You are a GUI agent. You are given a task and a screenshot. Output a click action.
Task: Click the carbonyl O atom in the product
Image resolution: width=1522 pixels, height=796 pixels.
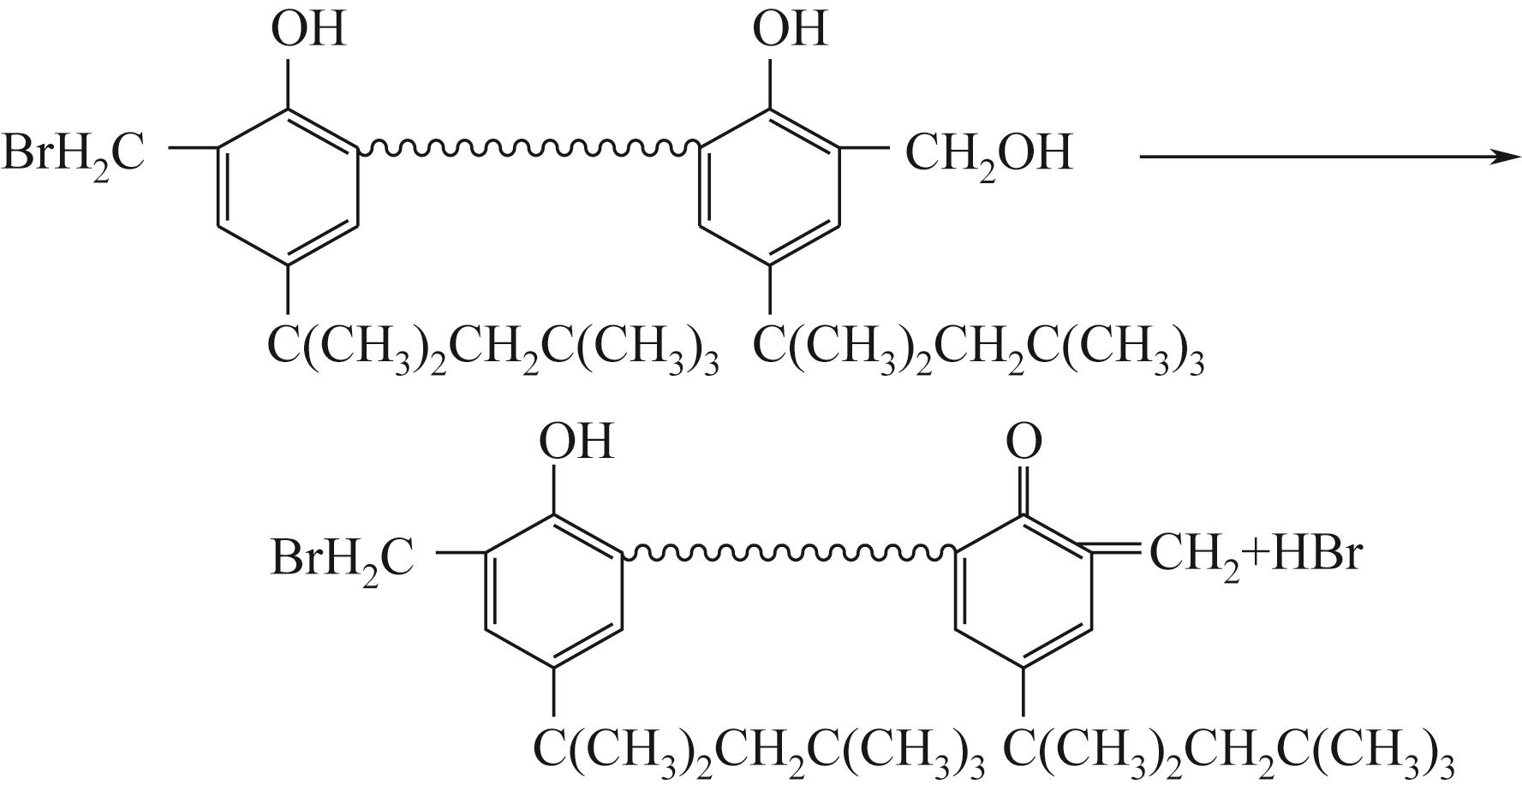tap(1024, 442)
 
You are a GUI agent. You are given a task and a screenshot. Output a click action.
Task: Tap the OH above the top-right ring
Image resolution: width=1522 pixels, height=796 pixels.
tap(789, 28)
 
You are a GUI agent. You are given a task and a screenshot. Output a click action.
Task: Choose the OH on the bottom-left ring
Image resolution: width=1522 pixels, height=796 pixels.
tap(575, 442)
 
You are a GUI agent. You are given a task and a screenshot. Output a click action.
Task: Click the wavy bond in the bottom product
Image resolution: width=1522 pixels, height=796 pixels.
tap(789, 554)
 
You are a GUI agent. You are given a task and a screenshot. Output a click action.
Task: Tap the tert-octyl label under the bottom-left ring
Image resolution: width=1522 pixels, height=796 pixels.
tap(758, 751)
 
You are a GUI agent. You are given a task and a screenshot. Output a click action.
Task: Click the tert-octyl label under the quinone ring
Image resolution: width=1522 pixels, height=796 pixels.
tap(1227, 751)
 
